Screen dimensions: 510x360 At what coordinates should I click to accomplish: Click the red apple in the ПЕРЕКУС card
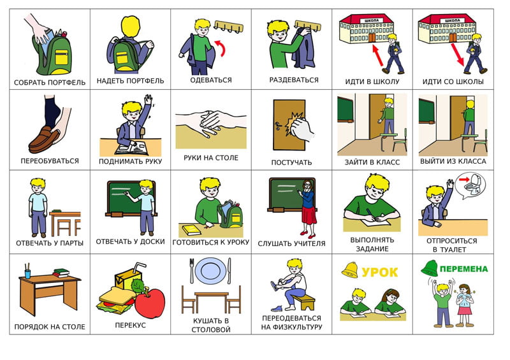click(x=150, y=303)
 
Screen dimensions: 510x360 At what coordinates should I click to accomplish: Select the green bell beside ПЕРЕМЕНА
click(x=429, y=268)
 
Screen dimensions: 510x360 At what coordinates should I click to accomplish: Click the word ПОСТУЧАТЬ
click(x=291, y=162)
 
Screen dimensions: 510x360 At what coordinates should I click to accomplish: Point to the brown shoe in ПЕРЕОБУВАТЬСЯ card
click(x=43, y=140)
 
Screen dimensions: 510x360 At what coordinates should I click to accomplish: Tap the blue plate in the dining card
click(x=210, y=271)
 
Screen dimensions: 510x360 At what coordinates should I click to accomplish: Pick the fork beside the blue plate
click(x=192, y=271)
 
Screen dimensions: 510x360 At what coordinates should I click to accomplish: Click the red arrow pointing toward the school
click(x=377, y=55)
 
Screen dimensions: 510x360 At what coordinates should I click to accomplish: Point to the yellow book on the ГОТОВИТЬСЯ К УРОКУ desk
click(x=192, y=230)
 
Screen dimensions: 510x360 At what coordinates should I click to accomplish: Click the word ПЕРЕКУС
click(x=131, y=325)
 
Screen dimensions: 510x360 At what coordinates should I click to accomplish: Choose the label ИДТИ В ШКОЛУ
click(x=372, y=82)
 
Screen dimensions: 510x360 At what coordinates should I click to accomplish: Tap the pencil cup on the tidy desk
click(x=27, y=272)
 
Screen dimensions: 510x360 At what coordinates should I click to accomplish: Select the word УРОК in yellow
click(x=379, y=272)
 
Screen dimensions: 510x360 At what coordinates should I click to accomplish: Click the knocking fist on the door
click(x=300, y=127)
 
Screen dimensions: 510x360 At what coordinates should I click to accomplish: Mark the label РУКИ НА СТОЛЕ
click(x=211, y=158)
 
